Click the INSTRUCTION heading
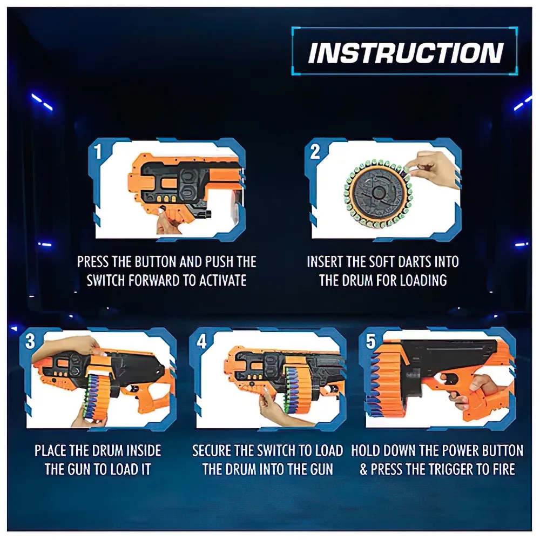pos(406,53)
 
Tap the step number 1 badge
pos(98,151)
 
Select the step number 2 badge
pos(315,151)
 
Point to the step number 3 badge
pos(30,341)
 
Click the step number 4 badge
pos(201,341)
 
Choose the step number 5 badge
pos(370,341)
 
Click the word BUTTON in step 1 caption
pos(156,262)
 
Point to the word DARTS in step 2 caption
pos(405,262)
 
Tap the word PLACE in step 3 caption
pos(50,450)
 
